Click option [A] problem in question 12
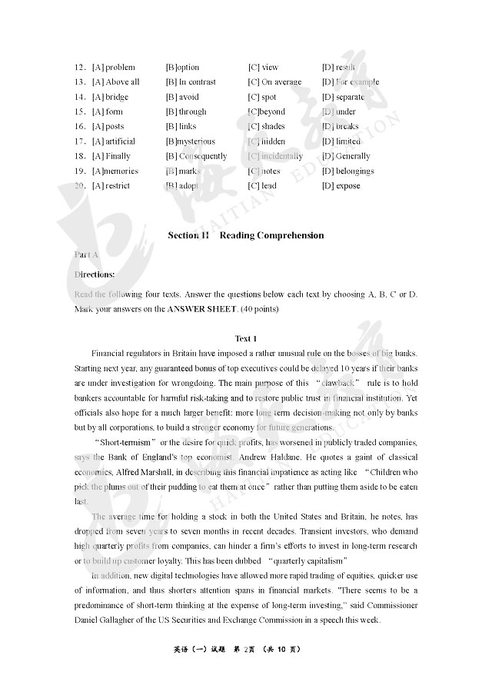click(x=113, y=68)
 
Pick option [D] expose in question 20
click(x=341, y=186)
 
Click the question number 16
click(x=79, y=127)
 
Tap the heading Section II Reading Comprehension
click(x=245, y=235)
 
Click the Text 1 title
click(x=245, y=338)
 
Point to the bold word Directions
click(x=95, y=274)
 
